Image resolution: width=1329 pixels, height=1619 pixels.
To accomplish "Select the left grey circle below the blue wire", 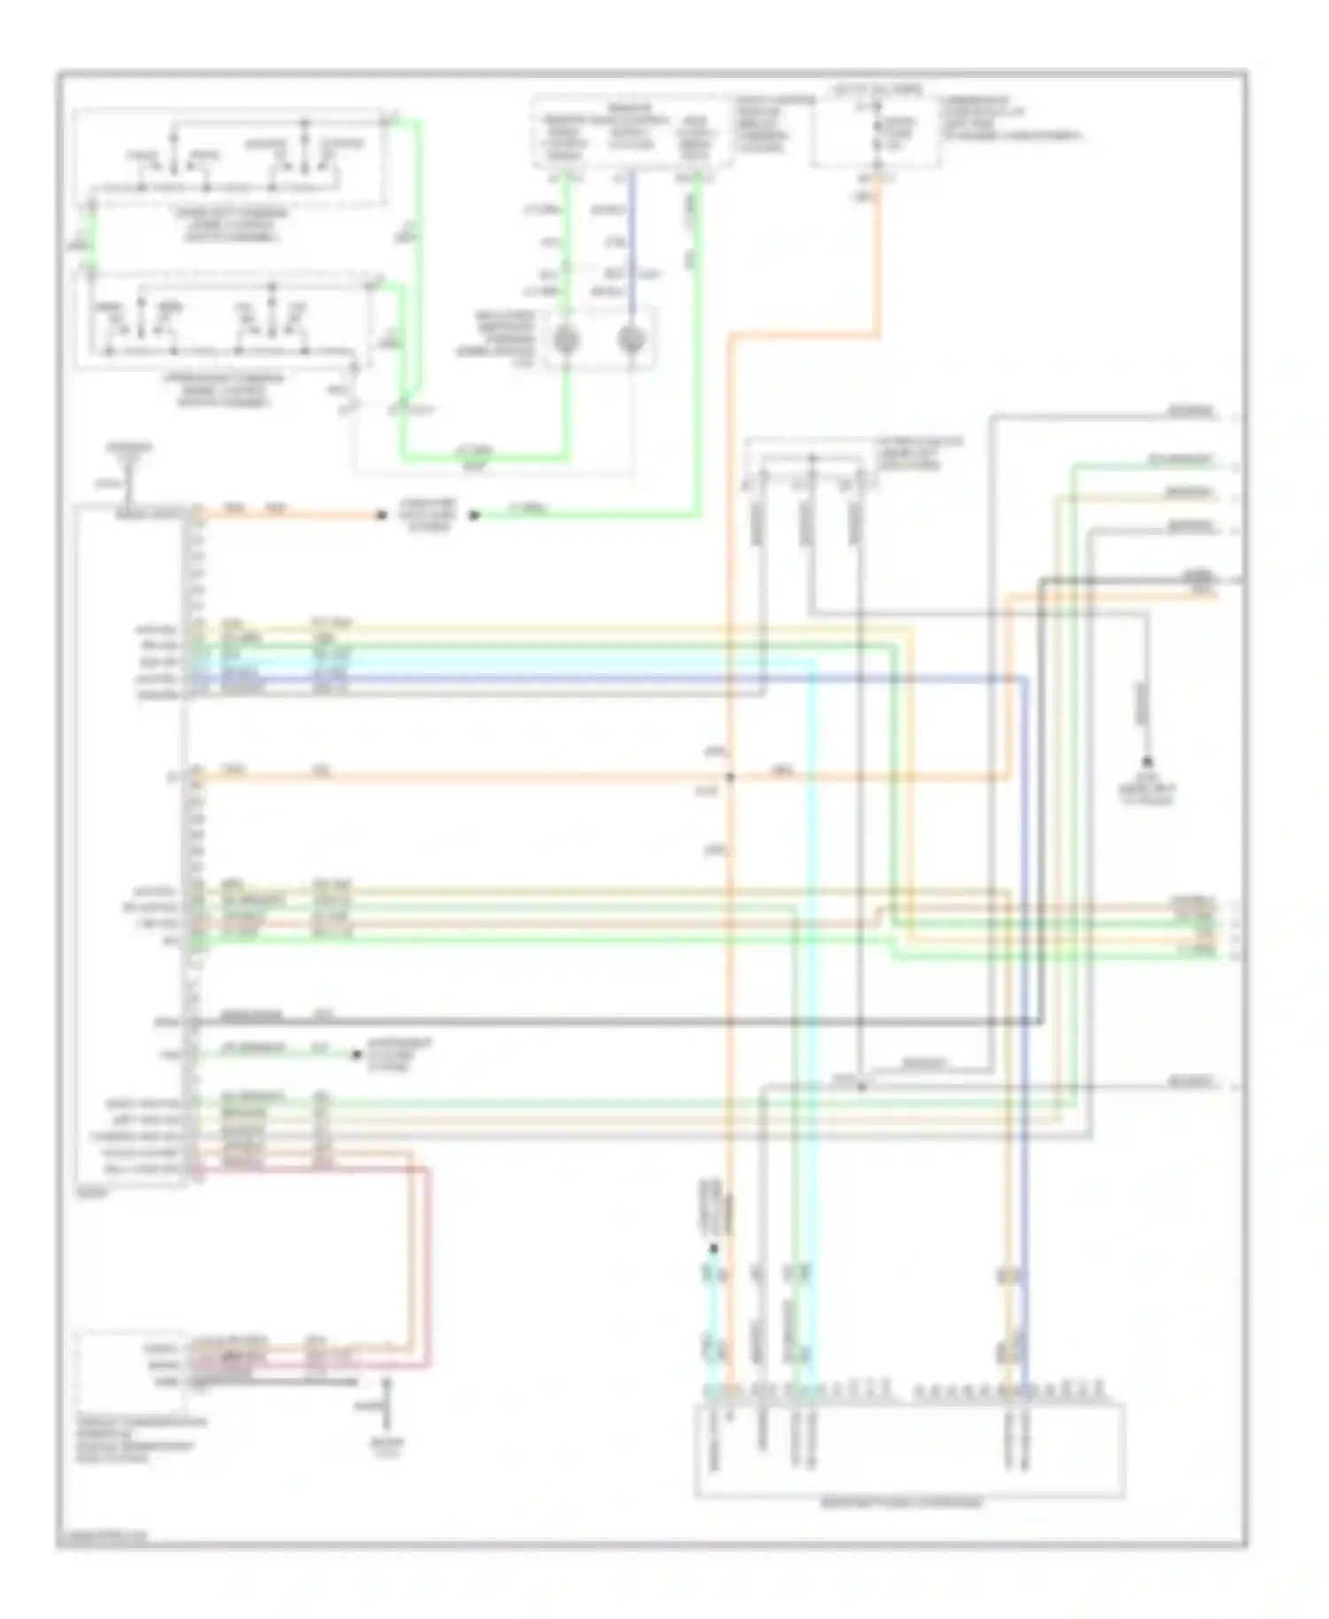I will coord(566,339).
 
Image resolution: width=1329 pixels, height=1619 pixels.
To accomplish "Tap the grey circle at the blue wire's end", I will coord(631,339).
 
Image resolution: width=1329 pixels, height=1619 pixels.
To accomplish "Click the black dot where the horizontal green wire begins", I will coord(474,515).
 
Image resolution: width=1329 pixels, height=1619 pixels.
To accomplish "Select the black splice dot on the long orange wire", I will coord(730,778).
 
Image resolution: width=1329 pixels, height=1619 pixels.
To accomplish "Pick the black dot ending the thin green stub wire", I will coord(356,1054).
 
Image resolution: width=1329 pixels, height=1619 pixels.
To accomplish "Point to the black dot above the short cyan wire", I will coord(713,1249).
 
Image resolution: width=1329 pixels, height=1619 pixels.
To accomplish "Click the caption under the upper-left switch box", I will coord(231,226).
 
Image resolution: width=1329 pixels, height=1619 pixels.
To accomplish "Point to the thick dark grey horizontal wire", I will coord(620,1022).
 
